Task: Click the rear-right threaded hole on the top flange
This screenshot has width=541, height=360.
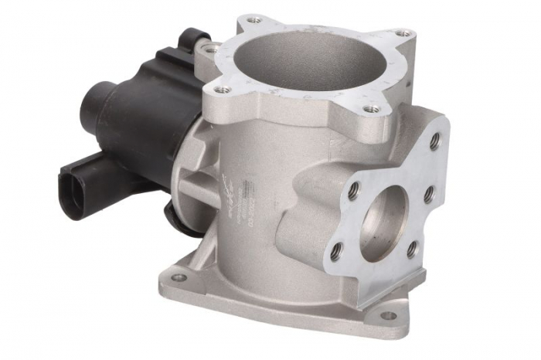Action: [x=401, y=34]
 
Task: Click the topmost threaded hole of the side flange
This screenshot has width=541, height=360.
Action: [x=434, y=141]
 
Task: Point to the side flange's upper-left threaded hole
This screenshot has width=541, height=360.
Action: [x=353, y=188]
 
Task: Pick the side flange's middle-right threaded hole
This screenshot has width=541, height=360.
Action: [x=429, y=195]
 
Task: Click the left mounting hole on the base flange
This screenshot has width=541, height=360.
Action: [x=179, y=277]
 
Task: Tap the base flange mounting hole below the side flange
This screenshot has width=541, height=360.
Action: [x=388, y=315]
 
